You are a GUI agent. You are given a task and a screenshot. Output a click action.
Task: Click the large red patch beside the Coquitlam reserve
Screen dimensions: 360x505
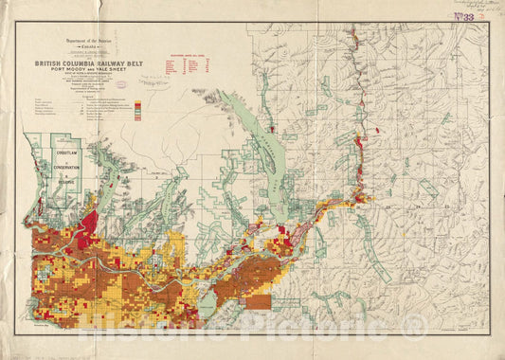[x=89, y=225]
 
